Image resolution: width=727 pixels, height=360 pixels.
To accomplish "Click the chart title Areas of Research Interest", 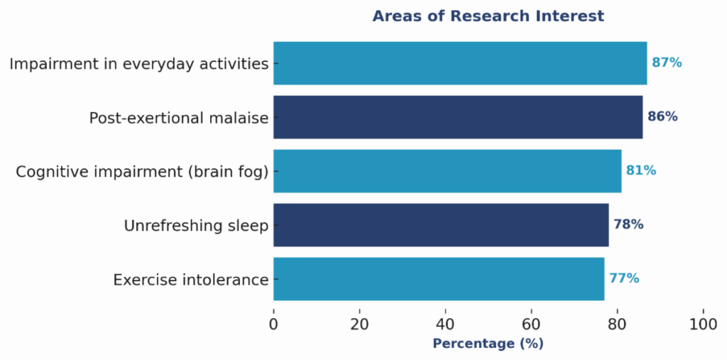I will click(488, 16).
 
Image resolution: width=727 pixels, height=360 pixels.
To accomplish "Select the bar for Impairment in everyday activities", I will click(459, 63).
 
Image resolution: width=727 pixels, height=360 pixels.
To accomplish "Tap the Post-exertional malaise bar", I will click(457, 117).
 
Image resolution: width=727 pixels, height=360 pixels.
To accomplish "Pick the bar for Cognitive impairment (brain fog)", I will click(447, 171).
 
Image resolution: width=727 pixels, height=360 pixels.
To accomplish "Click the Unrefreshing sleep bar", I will click(440, 225).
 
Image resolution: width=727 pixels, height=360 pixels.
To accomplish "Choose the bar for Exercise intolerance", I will click(438, 279).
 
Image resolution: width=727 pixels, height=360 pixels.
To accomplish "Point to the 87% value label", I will click(667, 63).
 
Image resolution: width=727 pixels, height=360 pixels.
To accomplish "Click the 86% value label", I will click(662, 117).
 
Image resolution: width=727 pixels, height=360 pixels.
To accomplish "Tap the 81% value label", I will click(641, 171).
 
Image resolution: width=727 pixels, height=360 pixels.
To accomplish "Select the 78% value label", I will click(628, 225).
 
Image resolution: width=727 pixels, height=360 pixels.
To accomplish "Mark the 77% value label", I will click(624, 279).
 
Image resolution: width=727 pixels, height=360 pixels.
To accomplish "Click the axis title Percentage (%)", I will click(488, 344).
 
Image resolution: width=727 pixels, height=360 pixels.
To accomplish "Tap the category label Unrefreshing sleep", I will click(196, 226).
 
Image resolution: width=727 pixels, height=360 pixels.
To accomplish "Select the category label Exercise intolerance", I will click(190, 280).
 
